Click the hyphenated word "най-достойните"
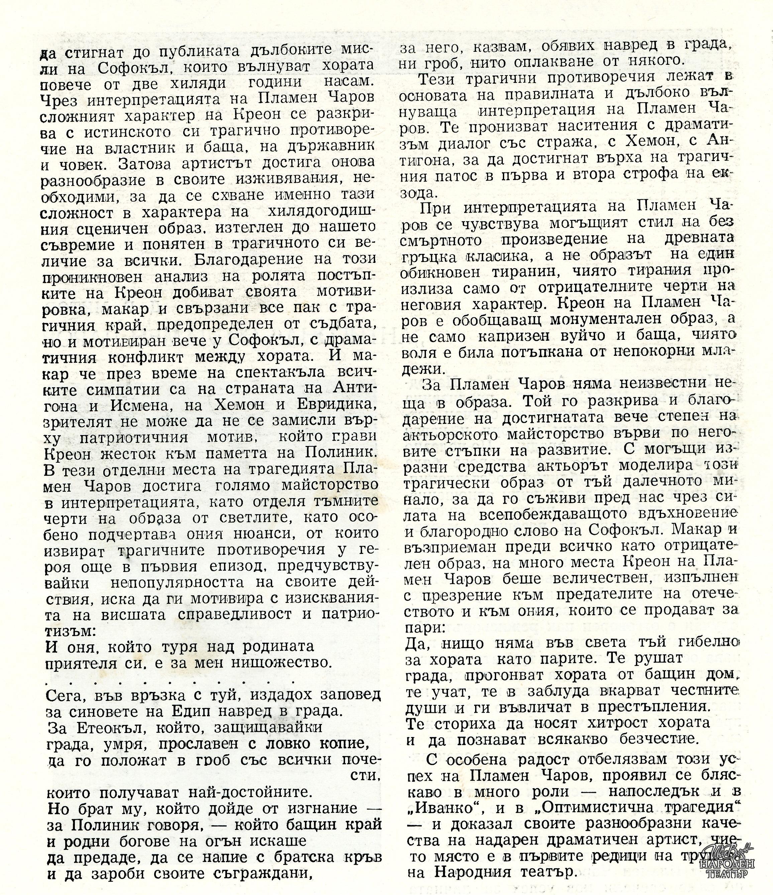pyautogui.click(x=249, y=792)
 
